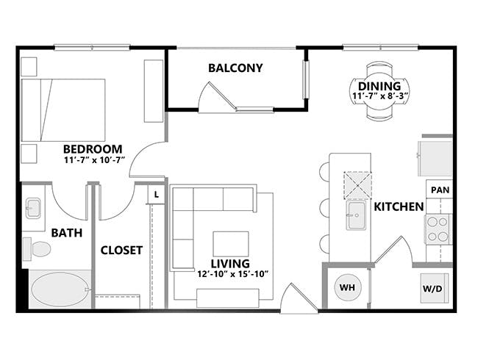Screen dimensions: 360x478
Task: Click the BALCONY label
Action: tap(235, 68)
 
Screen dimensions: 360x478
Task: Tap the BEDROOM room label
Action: tap(93, 146)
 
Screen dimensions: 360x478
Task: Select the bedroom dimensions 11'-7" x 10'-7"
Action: tap(94, 159)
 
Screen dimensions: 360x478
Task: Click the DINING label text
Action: tap(379, 86)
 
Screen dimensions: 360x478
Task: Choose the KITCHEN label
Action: tap(399, 206)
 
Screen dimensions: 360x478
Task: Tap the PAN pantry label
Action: tap(440, 190)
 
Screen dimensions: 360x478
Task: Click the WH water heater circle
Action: tap(347, 287)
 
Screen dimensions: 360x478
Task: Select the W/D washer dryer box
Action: tap(432, 288)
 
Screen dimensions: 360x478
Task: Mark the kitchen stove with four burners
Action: tap(438, 228)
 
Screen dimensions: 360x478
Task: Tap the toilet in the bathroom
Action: tap(38, 249)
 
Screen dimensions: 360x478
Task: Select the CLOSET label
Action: tap(121, 251)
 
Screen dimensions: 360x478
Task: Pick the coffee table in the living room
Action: tap(231, 244)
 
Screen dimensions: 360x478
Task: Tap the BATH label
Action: tap(66, 233)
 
